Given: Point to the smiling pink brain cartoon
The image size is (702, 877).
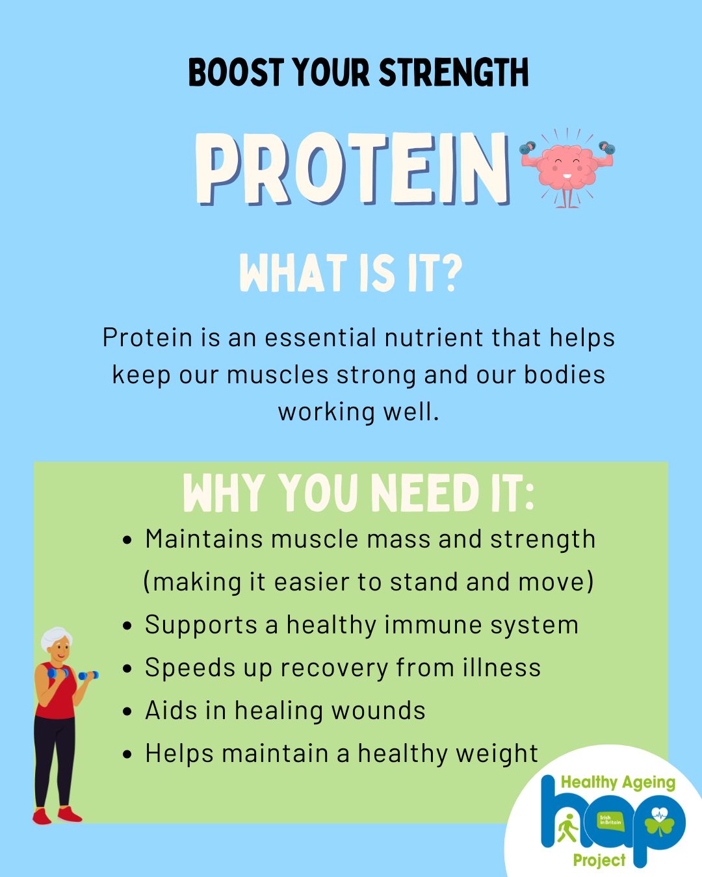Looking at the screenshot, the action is coord(567,168).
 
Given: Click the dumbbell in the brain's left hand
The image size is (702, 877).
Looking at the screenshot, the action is coord(527,147).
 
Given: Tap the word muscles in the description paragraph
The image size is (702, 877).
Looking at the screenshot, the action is coord(278,375).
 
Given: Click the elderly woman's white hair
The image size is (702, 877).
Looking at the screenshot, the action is coord(56,638).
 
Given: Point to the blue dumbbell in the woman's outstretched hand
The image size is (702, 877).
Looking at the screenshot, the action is coord(88,675).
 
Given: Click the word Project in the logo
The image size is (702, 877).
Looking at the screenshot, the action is coord(599,860).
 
